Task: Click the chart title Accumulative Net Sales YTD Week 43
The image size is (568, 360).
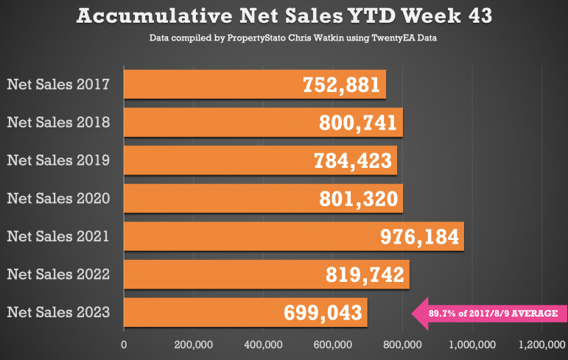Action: click(x=284, y=16)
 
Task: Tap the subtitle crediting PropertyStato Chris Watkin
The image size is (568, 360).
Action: click(x=292, y=38)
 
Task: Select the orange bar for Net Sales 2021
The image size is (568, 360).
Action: click(x=294, y=236)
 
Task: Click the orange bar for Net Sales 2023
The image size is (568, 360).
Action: click(x=245, y=312)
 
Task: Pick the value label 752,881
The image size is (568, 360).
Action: click(x=341, y=85)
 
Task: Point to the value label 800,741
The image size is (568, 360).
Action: click(x=358, y=123)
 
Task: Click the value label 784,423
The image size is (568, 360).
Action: click(x=353, y=160)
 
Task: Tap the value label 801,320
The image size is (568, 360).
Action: click(x=359, y=199)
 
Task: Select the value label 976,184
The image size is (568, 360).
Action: click(x=419, y=237)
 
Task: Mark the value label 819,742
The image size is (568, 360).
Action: click(x=365, y=275)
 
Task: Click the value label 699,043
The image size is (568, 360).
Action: click(x=323, y=313)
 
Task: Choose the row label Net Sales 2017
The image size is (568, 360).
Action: click(x=58, y=85)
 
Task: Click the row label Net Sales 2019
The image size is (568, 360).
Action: click(x=58, y=160)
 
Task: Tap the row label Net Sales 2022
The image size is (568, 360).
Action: click(x=58, y=274)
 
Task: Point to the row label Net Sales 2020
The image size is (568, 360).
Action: click(x=58, y=199)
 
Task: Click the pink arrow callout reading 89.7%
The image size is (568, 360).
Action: click(x=489, y=314)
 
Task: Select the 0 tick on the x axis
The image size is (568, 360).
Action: click(x=124, y=345)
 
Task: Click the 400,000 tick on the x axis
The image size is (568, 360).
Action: click(x=263, y=345)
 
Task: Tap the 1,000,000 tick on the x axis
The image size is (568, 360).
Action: click(x=472, y=345)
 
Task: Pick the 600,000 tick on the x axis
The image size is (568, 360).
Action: click(x=333, y=345)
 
